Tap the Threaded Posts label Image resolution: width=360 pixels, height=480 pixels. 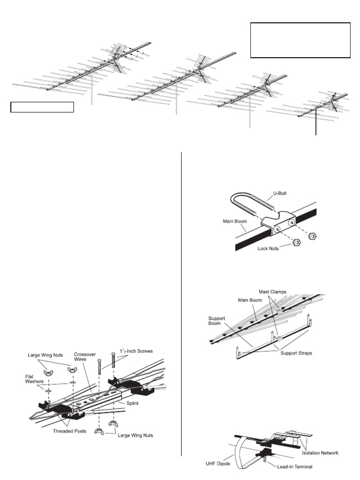pyautogui.click(x=69, y=431)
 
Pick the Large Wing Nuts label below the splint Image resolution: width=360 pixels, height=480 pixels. pyautogui.click(x=135, y=435)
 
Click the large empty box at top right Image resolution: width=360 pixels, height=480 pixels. pyautogui.click(x=300, y=40)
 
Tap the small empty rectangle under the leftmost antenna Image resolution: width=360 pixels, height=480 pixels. pyautogui.click(x=42, y=107)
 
